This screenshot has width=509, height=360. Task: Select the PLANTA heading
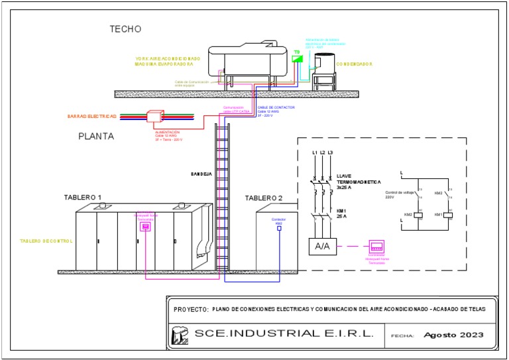click(x=97, y=137)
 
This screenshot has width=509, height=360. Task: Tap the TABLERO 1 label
click(x=83, y=198)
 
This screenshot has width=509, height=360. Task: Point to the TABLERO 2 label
click(x=264, y=198)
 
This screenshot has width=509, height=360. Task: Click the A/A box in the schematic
click(x=322, y=246)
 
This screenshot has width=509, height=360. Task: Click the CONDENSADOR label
click(x=354, y=64)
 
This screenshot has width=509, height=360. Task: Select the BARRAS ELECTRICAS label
click(x=92, y=117)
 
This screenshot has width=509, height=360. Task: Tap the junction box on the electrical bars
click(x=154, y=117)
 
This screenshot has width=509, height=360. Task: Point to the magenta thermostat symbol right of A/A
click(x=377, y=246)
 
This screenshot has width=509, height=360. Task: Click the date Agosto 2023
click(x=453, y=334)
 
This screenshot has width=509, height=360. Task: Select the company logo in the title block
click(x=179, y=335)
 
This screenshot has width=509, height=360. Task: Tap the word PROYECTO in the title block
click(x=190, y=310)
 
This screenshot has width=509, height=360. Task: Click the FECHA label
click(x=403, y=336)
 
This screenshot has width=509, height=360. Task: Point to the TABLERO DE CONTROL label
click(x=46, y=241)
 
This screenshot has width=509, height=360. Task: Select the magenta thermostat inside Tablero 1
click(x=145, y=226)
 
